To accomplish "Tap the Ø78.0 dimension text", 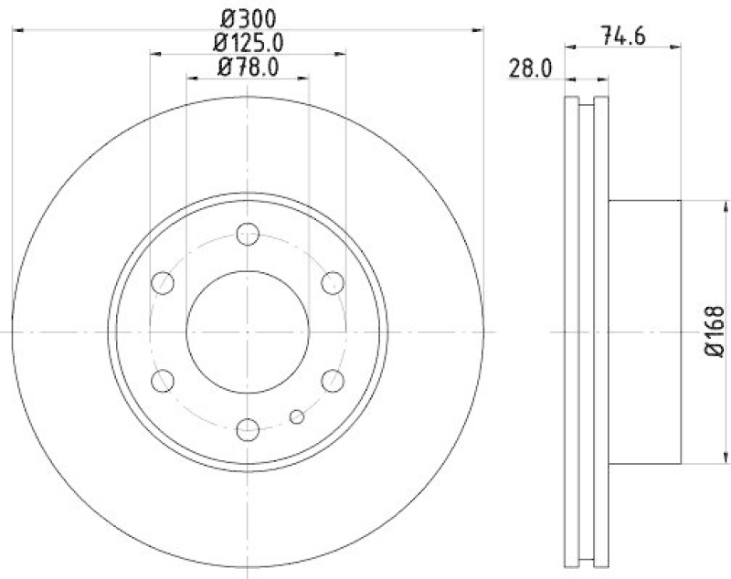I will (249, 66).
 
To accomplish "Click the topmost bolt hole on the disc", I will (248, 234).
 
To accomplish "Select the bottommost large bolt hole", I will (248, 428).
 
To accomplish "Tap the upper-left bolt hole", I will (164, 283).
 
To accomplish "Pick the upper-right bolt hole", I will (332, 283).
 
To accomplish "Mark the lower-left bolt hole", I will (164, 380).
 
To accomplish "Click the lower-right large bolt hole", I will (332, 380).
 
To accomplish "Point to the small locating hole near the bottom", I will (296, 417).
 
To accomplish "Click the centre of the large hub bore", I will (248, 332).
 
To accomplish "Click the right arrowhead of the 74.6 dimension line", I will (677, 43).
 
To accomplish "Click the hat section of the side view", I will (644, 331).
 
